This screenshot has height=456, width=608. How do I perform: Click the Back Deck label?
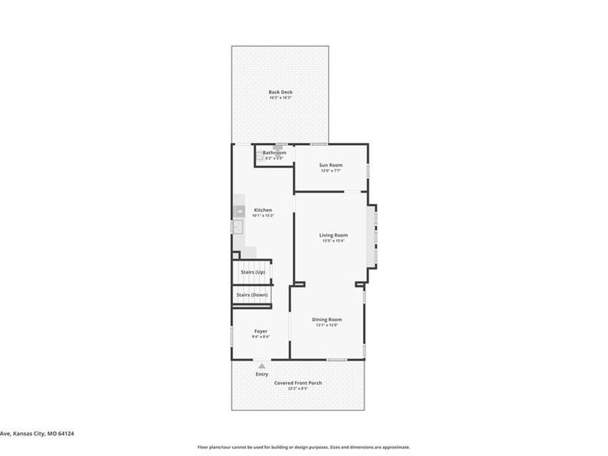point(280,92)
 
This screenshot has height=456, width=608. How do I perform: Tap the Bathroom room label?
point(274,153)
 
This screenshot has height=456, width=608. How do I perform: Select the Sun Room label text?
point(331,165)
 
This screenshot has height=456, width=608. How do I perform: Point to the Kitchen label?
point(263,210)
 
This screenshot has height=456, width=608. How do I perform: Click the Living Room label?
point(334,235)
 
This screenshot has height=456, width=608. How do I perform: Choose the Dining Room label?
point(326,319)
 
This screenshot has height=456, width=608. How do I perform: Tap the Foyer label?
point(261,331)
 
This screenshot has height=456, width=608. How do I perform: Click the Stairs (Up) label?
point(253,272)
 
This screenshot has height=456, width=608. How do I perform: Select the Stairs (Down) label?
point(252,295)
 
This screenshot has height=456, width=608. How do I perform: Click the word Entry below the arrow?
point(261,374)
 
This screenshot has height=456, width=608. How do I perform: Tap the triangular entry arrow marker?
point(261,365)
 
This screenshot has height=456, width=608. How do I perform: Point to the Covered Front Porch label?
point(298,382)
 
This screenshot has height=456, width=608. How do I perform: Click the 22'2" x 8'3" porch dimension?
point(298,388)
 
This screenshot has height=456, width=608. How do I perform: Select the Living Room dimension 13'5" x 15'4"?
point(334,240)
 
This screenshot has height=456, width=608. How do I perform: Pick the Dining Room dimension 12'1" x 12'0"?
point(326,325)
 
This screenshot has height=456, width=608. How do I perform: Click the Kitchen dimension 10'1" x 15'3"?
point(263,216)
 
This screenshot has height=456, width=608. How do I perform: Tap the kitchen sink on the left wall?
point(238,227)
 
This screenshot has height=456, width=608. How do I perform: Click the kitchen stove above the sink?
point(238,211)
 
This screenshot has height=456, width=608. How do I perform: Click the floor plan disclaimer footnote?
point(303,447)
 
